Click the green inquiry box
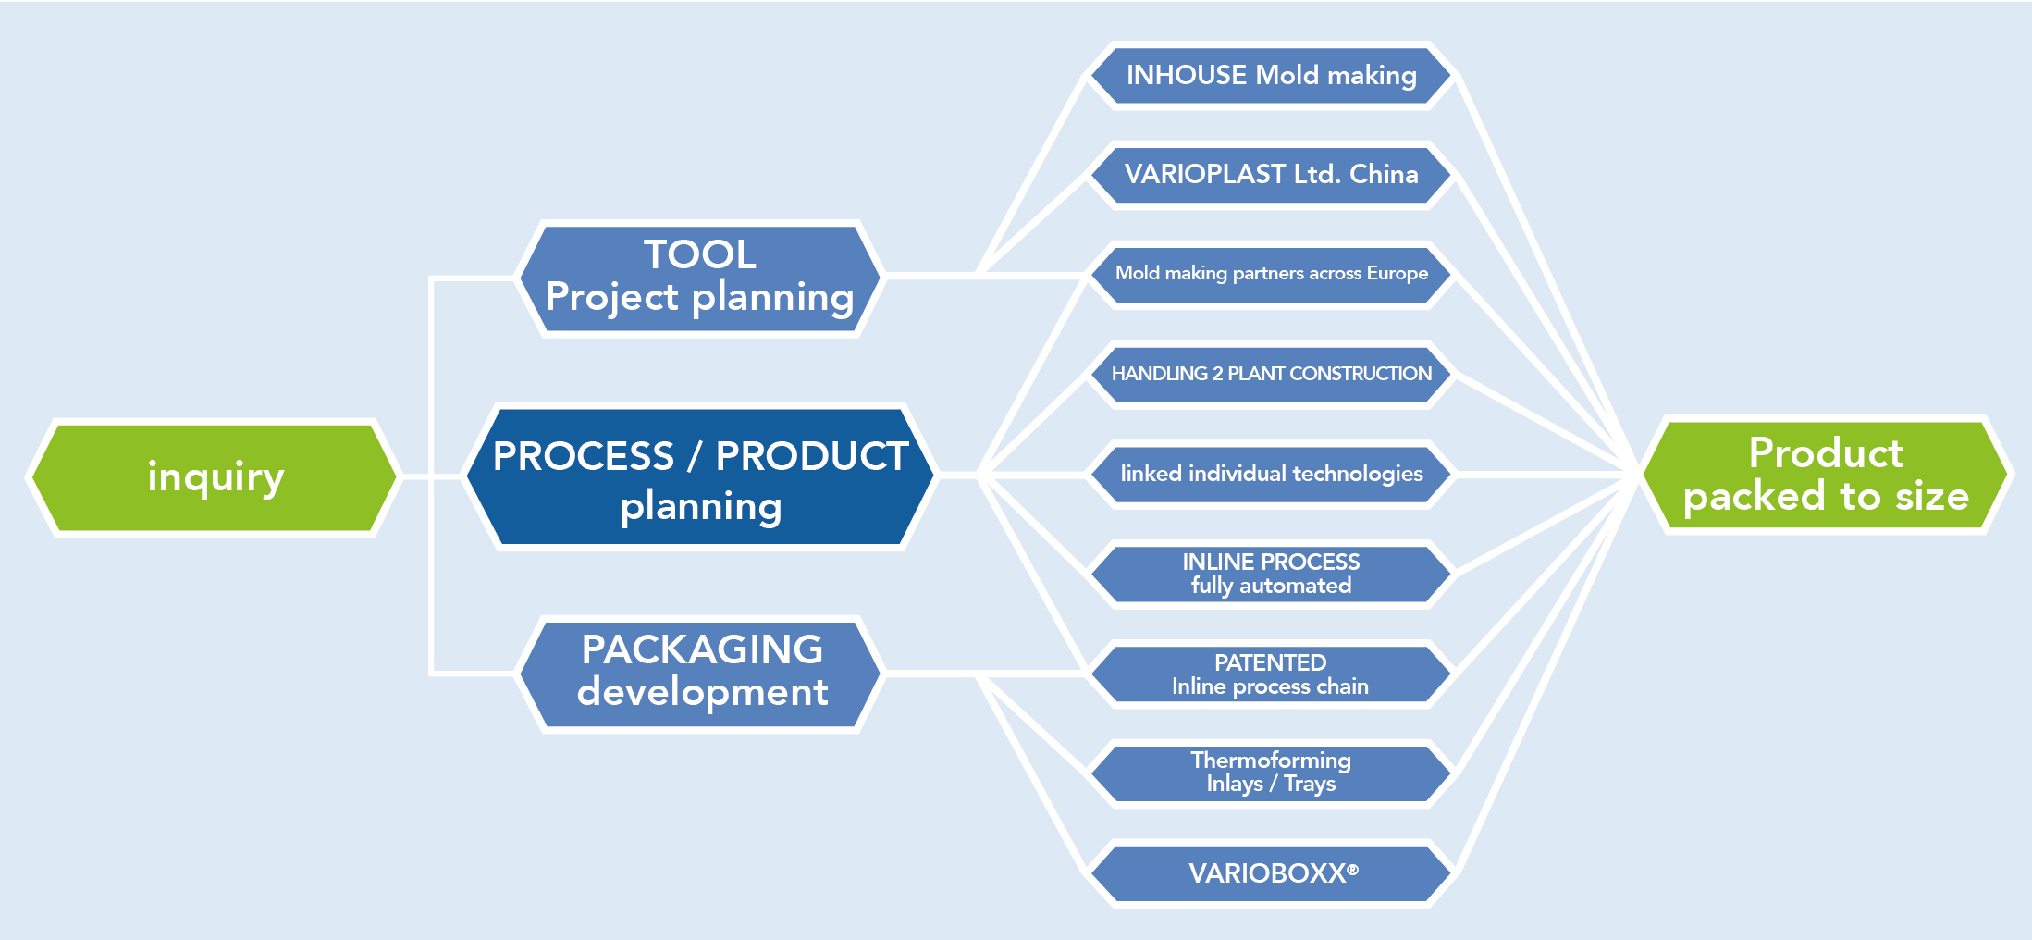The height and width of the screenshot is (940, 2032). [215, 477]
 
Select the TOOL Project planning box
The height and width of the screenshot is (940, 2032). [699, 278]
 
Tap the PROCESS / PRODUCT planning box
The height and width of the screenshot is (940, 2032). [700, 477]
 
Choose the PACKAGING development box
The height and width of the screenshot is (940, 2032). [700, 673]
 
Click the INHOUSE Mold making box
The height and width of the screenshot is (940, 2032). [1271, 76]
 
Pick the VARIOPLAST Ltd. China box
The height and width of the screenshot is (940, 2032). [1271, 175]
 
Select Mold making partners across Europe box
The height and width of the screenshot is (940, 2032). [1271, 274]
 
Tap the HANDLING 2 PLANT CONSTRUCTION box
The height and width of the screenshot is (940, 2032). [1271, 374]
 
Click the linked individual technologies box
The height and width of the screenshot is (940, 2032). [1271, 474]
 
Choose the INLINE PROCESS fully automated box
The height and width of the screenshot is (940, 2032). [1271, 574]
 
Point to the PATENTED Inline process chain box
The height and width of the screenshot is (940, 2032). [1271, 674]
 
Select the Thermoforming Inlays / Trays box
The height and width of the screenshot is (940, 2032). [1271, 773]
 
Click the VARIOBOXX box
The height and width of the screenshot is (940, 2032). [1271, 872]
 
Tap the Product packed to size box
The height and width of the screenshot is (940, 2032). [1826, 476]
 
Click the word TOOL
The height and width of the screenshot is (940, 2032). [700, 254]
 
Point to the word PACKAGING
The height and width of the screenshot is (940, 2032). [702, 649]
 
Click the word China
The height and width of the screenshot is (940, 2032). [1384, 175]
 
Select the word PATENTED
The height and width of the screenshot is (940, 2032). [1270, 662]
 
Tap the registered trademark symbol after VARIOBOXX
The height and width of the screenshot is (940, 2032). [1353, 869]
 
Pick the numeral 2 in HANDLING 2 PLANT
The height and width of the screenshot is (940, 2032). [1217, 374]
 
